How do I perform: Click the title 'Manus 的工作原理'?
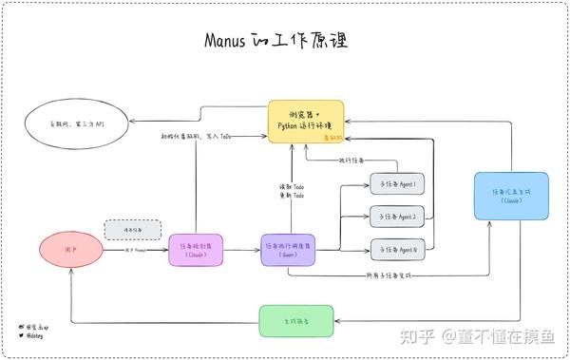click(x=276, y=41)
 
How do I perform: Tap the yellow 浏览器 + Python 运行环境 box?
click(x=304, y=121)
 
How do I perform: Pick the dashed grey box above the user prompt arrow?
click(x=132, y=229)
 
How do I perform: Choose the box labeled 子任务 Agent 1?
click(x=397, y=183)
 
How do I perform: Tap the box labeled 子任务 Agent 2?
click(x=397, y=217)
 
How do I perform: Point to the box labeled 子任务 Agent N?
click(x=397, y=251)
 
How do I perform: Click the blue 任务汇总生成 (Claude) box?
click(x=510, y=196)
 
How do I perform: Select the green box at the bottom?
click(x=297, y=322)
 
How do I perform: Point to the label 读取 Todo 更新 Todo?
click(x=292, y=191)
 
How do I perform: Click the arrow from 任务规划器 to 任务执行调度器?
click(x=238, y=251)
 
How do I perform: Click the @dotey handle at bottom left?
click(x=35, y=335)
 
